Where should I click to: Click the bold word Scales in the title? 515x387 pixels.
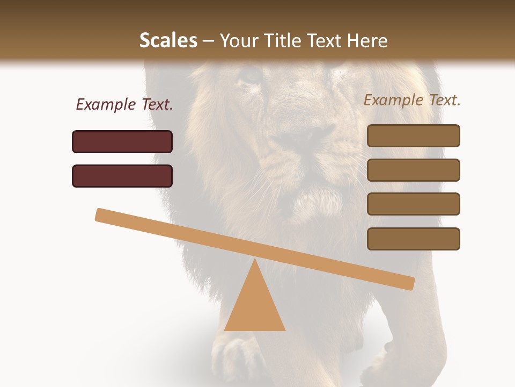click(168, 41)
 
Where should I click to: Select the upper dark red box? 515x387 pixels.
click(122, 141)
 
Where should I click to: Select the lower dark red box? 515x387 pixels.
click(122, 176)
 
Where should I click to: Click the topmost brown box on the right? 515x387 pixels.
click(414, 135)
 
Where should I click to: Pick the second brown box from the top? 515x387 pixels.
click(414, 170)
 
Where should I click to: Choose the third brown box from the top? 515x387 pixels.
click(414, 204)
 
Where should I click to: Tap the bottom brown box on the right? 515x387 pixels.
click(414, 239)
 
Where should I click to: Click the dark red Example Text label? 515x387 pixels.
click(124, 105)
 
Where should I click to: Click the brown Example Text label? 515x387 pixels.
click(412, 100)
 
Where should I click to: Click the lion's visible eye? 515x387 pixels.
click(250, 75)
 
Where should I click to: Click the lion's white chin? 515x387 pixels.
click(317, 202)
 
